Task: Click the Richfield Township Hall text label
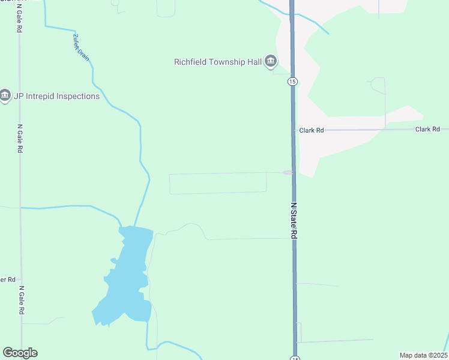(217, 62)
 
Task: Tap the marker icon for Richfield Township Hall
(271, 61)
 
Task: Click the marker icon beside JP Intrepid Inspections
(5, 95)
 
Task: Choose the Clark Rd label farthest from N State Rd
(428, 130)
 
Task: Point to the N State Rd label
(294, 221)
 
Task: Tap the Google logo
(20, 353)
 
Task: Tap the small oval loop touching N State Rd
(289, 173)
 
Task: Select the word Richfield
(191, 62)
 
